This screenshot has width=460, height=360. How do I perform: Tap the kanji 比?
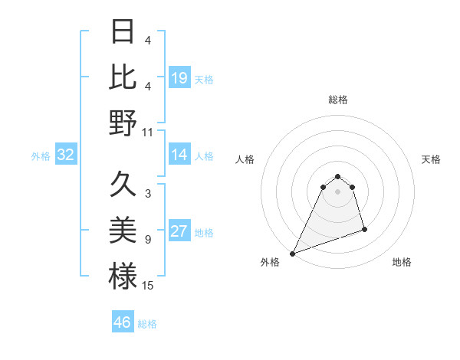click(x=123, y=77)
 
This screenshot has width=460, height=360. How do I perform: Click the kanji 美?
click(x=123, y=231)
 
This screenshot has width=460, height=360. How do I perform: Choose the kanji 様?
click(x=123, y=276)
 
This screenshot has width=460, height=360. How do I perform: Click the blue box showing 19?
click(x=179, y=77)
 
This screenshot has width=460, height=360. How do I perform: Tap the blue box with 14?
click(x=179, y=155)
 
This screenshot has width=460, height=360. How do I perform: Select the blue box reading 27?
click(x=179, y=231)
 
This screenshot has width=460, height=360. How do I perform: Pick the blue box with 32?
click(x=66, y=155)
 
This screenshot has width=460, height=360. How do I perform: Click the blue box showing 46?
click(x=123, y=322)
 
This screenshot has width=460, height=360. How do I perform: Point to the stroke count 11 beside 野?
click(x=148, y=133)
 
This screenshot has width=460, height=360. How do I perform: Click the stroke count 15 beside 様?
click(x=148, y=286)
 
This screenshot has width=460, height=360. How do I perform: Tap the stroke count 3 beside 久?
click(x=148, y=194)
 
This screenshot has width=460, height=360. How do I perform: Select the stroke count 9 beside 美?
click(x=148, y=240)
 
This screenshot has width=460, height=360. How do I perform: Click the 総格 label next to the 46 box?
click(x=147, y=324)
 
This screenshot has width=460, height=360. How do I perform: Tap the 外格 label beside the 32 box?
click(x=41, y=156)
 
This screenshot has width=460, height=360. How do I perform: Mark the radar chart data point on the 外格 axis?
click(x=293, y=254)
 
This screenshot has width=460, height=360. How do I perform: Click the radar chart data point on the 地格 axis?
click(x=364, y=229)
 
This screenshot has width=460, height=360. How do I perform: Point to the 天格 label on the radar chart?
click(x=432, y=159)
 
